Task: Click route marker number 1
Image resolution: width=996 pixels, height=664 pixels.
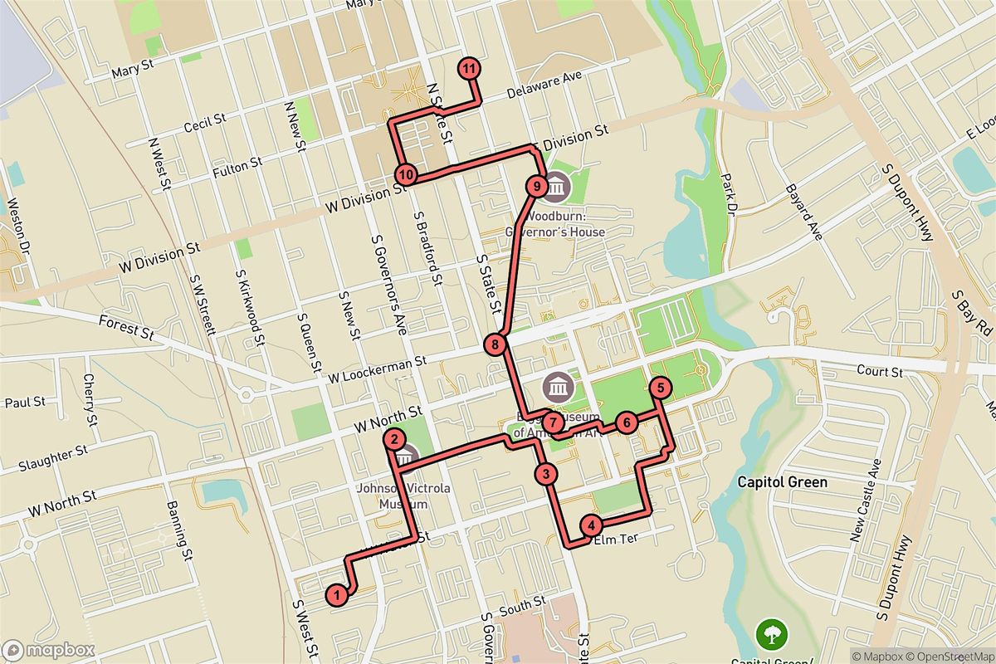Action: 337,594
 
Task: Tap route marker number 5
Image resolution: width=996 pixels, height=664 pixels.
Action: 660,387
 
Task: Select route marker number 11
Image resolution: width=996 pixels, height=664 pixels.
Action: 470,69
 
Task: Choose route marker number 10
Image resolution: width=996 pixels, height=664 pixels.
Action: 405,174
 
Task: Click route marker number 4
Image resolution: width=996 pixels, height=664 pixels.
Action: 591,525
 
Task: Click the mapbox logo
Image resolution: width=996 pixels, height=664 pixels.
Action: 48,650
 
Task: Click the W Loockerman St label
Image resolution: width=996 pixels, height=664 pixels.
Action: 377,365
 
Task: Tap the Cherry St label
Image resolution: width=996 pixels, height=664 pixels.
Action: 89,399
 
